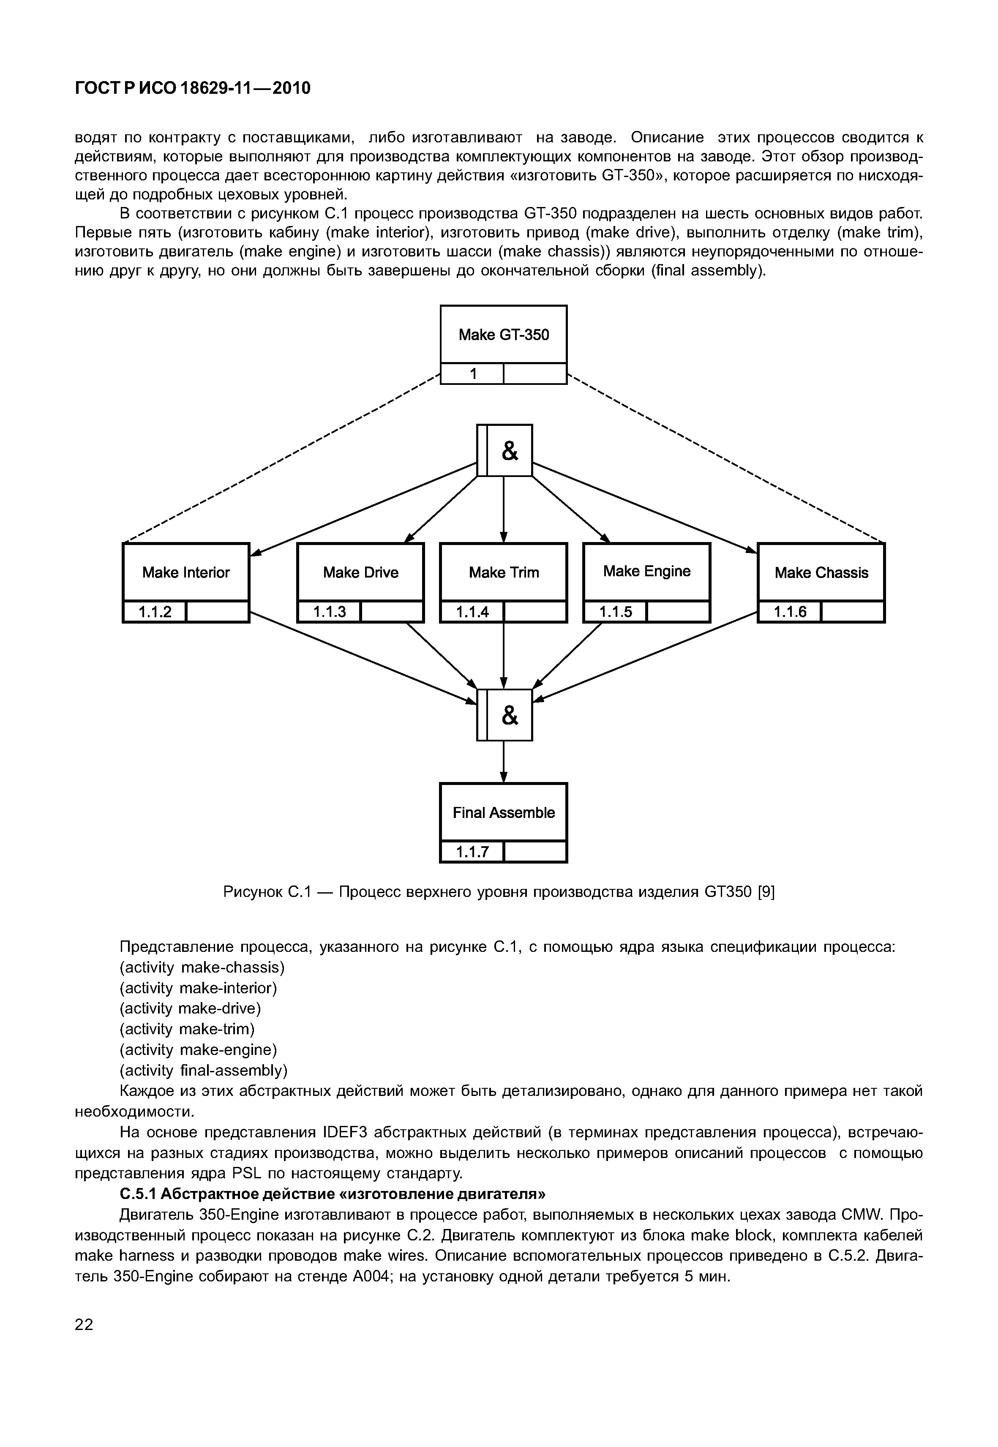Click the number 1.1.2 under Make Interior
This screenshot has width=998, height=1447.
[x=155, y=612]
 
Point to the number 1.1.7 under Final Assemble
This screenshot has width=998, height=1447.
[x=472, y=852]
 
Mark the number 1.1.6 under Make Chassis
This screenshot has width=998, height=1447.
[x=790, y=612]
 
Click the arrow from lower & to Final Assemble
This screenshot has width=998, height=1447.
[x=504, y=762]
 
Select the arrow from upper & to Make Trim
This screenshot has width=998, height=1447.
[x=504, y=509]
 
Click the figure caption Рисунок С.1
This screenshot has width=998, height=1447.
[x=499, y=892]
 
